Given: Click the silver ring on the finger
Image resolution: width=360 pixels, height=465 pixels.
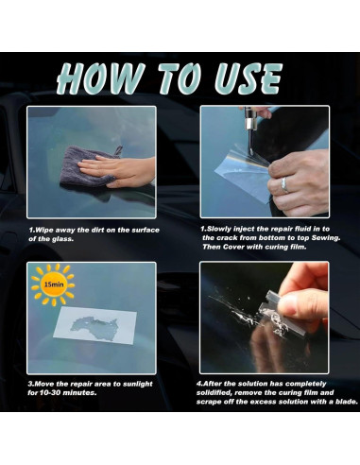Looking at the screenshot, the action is (284, 184).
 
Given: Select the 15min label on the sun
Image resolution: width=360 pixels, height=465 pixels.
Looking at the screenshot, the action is (54, 284).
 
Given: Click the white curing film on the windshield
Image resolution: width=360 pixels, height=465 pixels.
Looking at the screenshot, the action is (94, 325).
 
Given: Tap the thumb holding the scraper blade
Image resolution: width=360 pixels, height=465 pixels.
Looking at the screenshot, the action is (300, 304).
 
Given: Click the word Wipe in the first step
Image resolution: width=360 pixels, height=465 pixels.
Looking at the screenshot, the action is (44, 230).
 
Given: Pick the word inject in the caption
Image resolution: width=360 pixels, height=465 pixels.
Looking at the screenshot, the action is (243, 229).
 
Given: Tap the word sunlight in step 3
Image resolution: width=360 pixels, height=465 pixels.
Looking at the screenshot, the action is (137, 384).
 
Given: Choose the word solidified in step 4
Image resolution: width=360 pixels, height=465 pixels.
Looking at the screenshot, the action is (214, 393).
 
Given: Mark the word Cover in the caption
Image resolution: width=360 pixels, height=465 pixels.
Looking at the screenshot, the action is (233, 247).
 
